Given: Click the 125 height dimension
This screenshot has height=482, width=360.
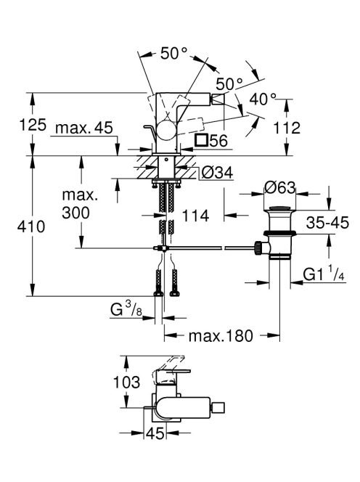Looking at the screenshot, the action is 33,125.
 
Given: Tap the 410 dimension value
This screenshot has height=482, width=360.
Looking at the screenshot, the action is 31,227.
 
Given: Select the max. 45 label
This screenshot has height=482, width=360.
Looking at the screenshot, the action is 84,128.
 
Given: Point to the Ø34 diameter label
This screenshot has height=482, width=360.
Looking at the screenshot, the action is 217,173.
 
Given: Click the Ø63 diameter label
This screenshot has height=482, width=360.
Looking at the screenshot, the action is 279,187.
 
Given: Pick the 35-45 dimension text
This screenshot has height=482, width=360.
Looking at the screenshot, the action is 327,222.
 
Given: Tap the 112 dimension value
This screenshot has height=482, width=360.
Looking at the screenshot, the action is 287,128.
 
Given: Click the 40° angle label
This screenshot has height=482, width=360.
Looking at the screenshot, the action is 263,99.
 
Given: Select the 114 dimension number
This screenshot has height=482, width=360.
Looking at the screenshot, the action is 195,216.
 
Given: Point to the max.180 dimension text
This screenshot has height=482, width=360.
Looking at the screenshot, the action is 221,336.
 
